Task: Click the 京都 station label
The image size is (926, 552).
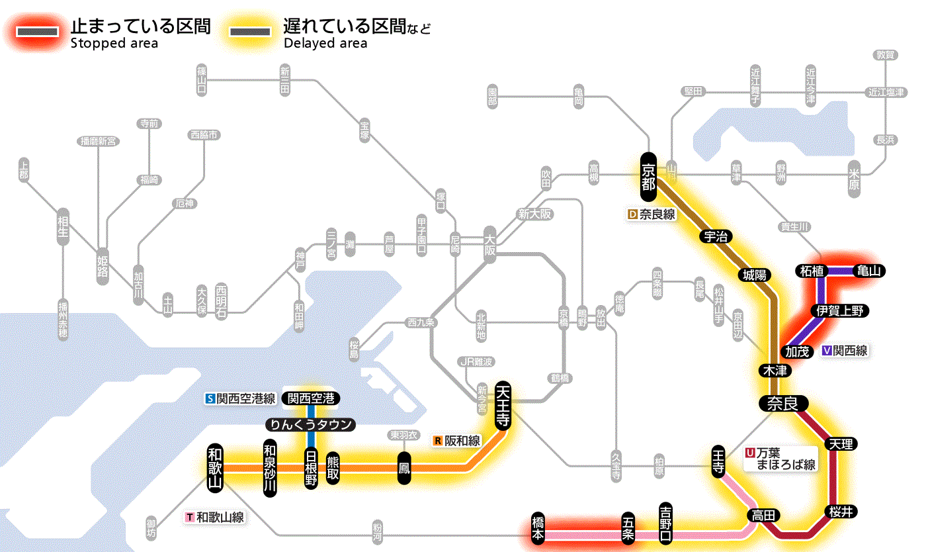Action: (648, 176)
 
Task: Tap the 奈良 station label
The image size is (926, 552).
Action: (782, 404)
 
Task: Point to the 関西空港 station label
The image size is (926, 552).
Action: (311, 398)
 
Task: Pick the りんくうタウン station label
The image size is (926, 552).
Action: (310, 425)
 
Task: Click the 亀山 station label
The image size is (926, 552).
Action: (870, 271)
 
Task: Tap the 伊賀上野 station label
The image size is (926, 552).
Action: (841, 310)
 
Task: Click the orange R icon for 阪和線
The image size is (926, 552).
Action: (437, 440)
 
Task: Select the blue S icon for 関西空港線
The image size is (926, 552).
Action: (210, 398)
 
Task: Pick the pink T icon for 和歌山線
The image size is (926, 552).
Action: (190, 518)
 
